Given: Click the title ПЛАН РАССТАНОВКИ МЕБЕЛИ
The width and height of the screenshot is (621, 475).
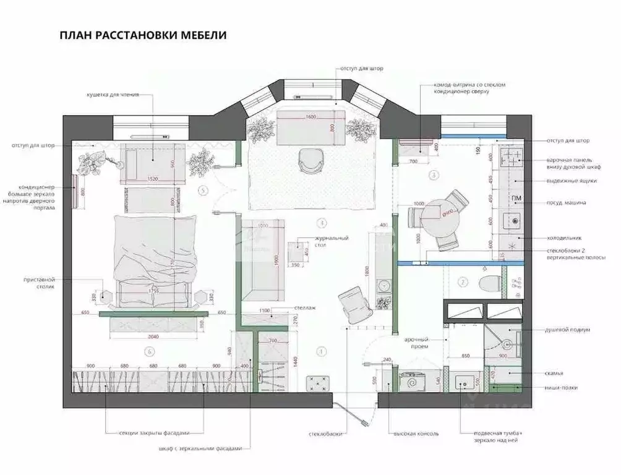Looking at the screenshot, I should pos(143,35).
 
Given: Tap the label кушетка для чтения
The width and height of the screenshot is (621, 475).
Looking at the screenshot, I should pos(112,95).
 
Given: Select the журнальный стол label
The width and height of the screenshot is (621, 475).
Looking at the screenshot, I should pos(332,242).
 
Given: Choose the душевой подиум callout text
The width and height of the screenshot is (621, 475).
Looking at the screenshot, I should pos(568,330).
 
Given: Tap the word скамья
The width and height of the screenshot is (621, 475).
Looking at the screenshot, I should pos(555,373).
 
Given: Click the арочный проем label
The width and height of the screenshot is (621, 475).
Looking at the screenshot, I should pos(417,343).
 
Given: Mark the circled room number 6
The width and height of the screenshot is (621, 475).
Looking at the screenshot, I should pos(148,352).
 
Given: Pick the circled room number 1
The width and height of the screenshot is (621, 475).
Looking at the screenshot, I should pos(321,351).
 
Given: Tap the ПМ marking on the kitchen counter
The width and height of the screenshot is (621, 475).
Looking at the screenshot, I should pos(516,198).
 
